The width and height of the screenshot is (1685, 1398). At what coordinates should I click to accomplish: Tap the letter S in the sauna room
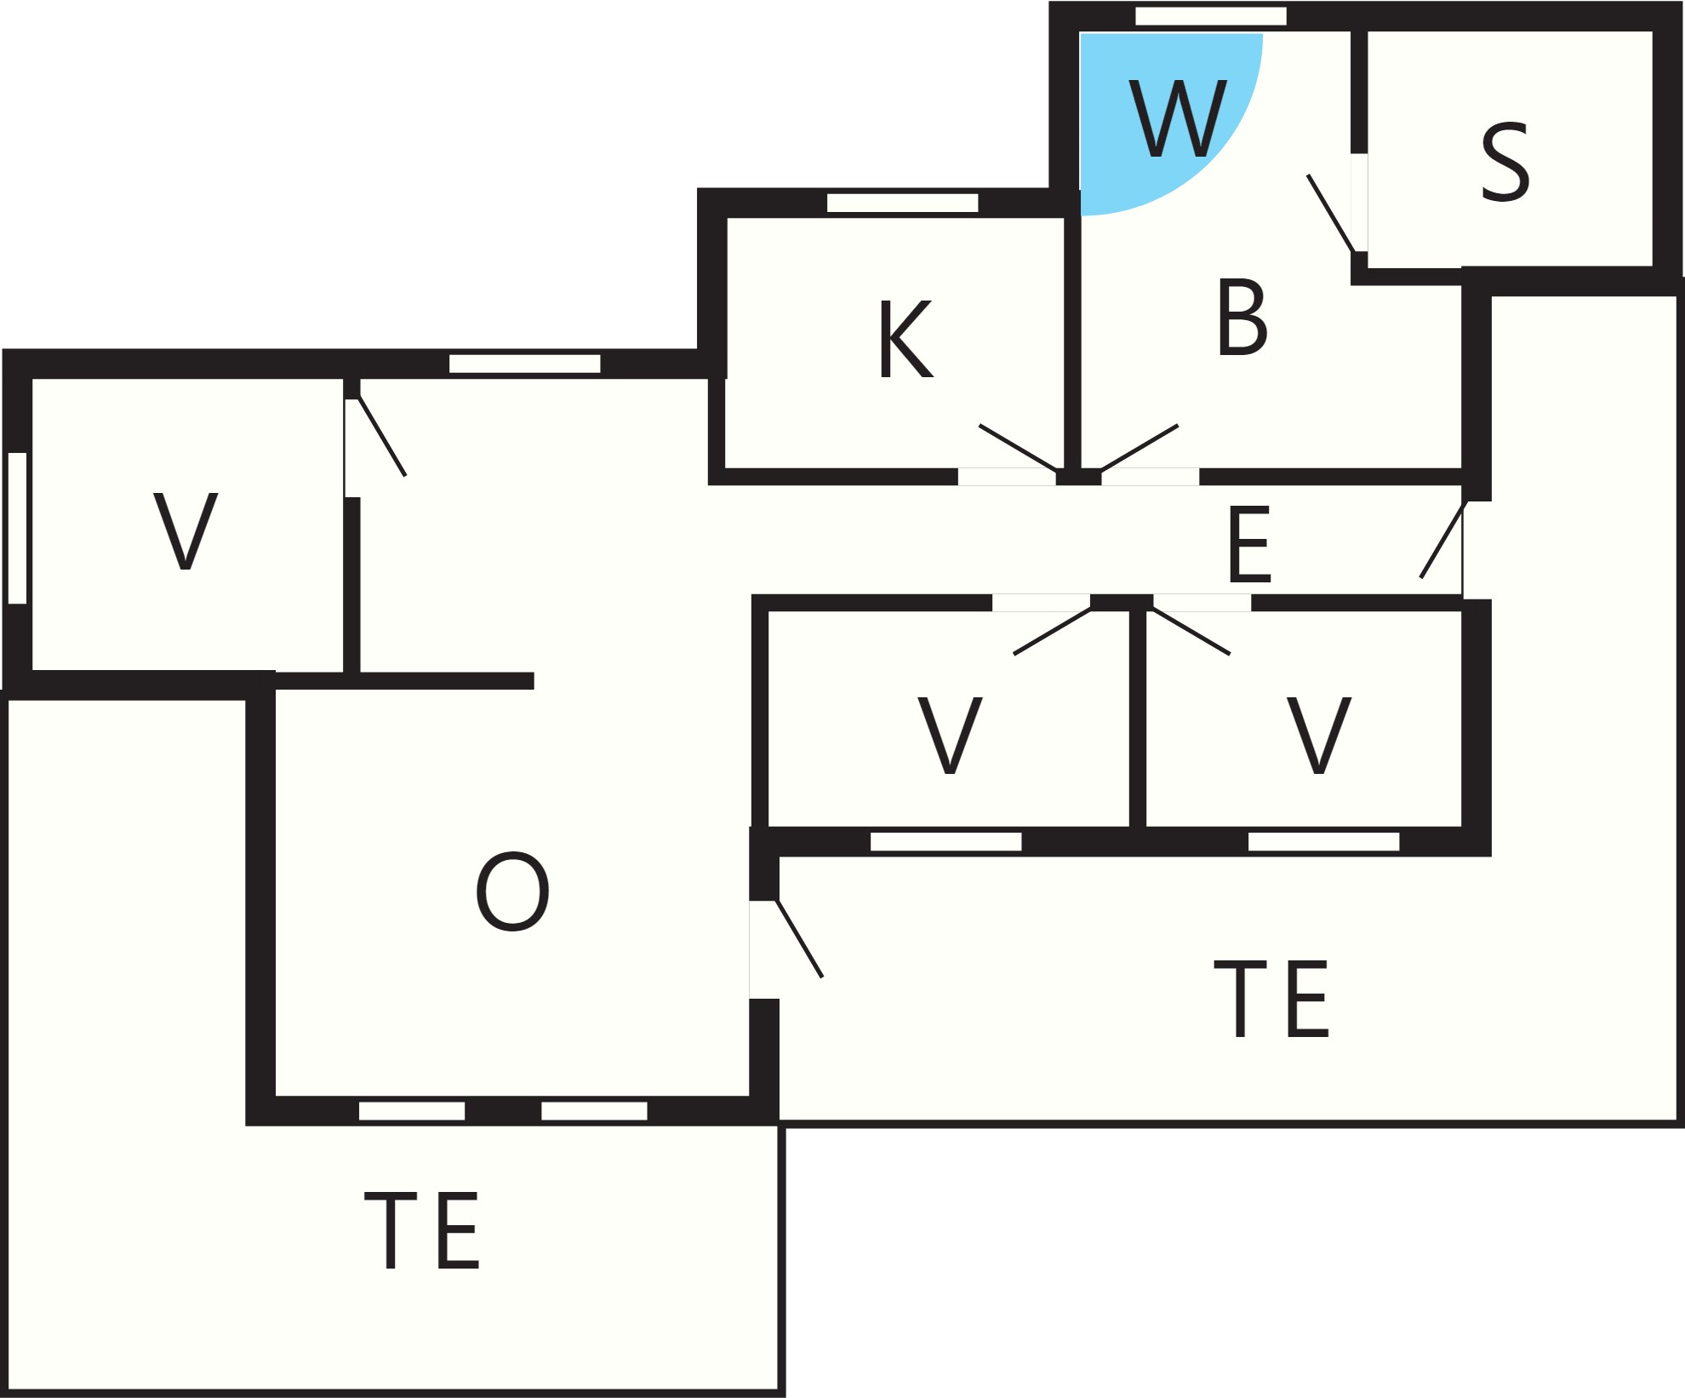[x=1505, y=162]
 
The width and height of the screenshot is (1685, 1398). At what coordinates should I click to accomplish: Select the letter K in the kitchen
[x=906, y=338]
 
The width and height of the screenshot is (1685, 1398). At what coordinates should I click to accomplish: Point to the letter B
[x=1242, y=317]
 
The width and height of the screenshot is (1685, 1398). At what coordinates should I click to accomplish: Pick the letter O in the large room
[x=512, y=891]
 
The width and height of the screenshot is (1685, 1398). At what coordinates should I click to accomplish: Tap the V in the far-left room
[x=186, y=530]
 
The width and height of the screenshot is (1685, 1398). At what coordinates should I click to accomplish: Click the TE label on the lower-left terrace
[x=422, y=1230]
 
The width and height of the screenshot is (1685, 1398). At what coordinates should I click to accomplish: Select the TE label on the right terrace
[x=1271, y=999]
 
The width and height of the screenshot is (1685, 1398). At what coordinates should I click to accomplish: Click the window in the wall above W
[x=1211, y=16]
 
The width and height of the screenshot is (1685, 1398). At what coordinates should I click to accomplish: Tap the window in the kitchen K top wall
[x=903, y=203]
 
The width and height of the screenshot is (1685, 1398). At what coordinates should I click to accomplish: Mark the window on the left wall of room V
[x=17, y=528]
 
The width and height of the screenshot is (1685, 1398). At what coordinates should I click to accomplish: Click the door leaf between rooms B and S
[x=1331, y=214]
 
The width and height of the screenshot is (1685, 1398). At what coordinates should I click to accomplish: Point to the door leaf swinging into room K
[x=1019, y=447]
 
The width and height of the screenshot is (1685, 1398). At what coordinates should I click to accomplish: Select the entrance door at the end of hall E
[x=1443, y=540]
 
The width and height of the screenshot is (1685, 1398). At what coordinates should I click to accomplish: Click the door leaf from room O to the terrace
[x=799, y=938]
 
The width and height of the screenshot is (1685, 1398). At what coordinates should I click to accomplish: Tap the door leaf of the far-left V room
[x=382, y=436]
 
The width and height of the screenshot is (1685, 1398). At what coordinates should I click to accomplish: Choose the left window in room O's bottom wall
[x=412, y=1111]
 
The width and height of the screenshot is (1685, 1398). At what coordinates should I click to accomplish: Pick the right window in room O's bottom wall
[x=594, y=1111]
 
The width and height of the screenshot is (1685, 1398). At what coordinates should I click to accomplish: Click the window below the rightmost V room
[x=1323, y=841]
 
